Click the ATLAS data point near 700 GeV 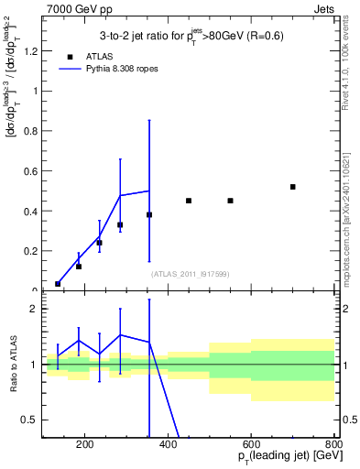click(x=293, y=187)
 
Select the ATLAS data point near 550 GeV click(x=231, y=201)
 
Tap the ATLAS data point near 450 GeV click(x=189, y=201)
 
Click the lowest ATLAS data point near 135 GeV click(x=58, y=284)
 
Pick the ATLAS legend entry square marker click(x=69, y=56)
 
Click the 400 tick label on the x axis click(x=168, y=445)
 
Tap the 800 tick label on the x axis click(x=333, y=445)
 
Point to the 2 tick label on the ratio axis click(x=34, y=309)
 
